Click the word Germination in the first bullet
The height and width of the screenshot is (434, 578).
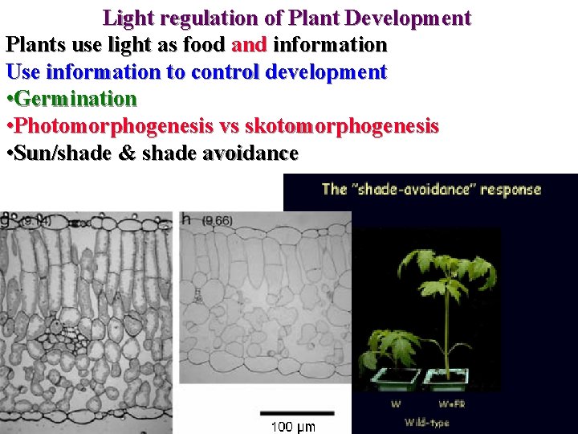(76, 100)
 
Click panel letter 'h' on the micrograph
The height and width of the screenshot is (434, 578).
(185, 219)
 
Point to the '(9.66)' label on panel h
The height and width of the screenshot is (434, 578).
(217, 220)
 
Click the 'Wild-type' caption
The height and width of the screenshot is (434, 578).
(426, 421)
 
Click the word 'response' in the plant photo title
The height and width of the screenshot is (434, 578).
(510, 190)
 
